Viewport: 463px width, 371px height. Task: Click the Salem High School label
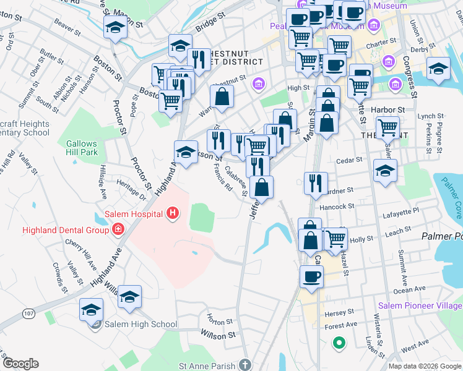click(x=141, y=324)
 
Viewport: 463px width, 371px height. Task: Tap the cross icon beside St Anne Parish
click(x=246, y=365)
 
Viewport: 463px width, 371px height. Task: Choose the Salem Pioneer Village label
click(x=420, y=305)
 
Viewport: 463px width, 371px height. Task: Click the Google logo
click(x=20, y=364)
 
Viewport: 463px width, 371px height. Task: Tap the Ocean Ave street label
click(x=409, y=289)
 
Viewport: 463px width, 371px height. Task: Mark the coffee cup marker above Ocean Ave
click(x=312, y=276)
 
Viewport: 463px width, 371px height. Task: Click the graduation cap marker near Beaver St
click(x=115, y=27)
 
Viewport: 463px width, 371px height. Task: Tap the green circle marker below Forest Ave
click(x=339, y=342)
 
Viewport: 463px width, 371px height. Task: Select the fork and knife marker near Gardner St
click(x=316, y=182)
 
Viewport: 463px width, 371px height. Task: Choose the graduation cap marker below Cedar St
click(x=386, y=170)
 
